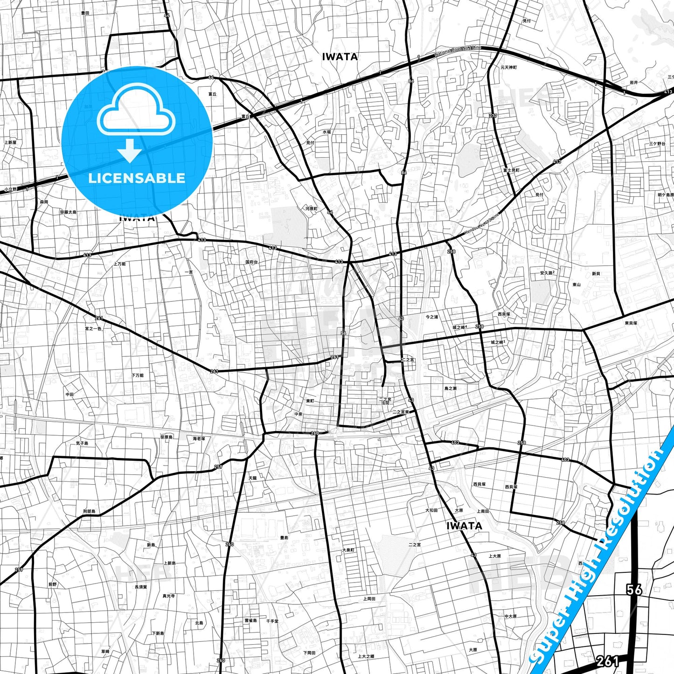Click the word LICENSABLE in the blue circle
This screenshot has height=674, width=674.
pos(137,178)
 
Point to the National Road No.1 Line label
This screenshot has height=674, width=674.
pos(458,51)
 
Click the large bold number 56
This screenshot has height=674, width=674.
pos(634,590)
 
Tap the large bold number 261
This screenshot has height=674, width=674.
pos(607,660)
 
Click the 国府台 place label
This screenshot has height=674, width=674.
pos(251,262)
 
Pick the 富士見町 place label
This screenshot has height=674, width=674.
pos(511,170)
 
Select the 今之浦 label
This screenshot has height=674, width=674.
pos(431,317)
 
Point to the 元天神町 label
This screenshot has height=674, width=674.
pos(508,68)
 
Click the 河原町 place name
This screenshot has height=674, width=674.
pos(311,208)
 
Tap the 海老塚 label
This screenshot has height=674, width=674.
pos(199,438)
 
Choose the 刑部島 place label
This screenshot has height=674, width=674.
pos(89,511)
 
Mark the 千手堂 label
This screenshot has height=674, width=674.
pos(272,621)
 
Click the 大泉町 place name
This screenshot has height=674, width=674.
pos(348,550)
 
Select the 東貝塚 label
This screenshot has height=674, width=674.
pos(631,323)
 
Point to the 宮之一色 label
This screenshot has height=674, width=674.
pos(93,328)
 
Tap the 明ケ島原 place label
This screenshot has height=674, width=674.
pos(666,195)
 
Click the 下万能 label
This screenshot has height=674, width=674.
pos(138,375)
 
